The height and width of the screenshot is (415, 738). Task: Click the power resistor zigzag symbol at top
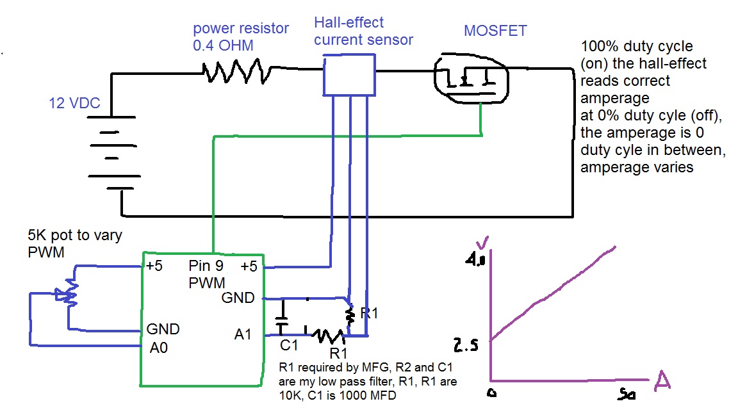click(234, 70)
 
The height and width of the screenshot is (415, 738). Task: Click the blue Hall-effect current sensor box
click(349, 74)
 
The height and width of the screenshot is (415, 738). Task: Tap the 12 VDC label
click(75, 103)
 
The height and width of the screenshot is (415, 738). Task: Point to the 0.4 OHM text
click(224, 45)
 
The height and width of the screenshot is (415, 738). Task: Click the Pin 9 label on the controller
click(205, 266)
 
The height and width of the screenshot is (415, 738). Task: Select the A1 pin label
click(244, 334)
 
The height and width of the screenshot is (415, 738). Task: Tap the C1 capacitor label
click(290, 346)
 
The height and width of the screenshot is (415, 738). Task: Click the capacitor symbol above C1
click(281, 320)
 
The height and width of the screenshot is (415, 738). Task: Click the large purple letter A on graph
click(663, 382)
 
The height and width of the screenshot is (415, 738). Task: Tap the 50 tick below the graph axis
click(627, 395)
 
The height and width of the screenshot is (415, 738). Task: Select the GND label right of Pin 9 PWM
click(238, 298)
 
